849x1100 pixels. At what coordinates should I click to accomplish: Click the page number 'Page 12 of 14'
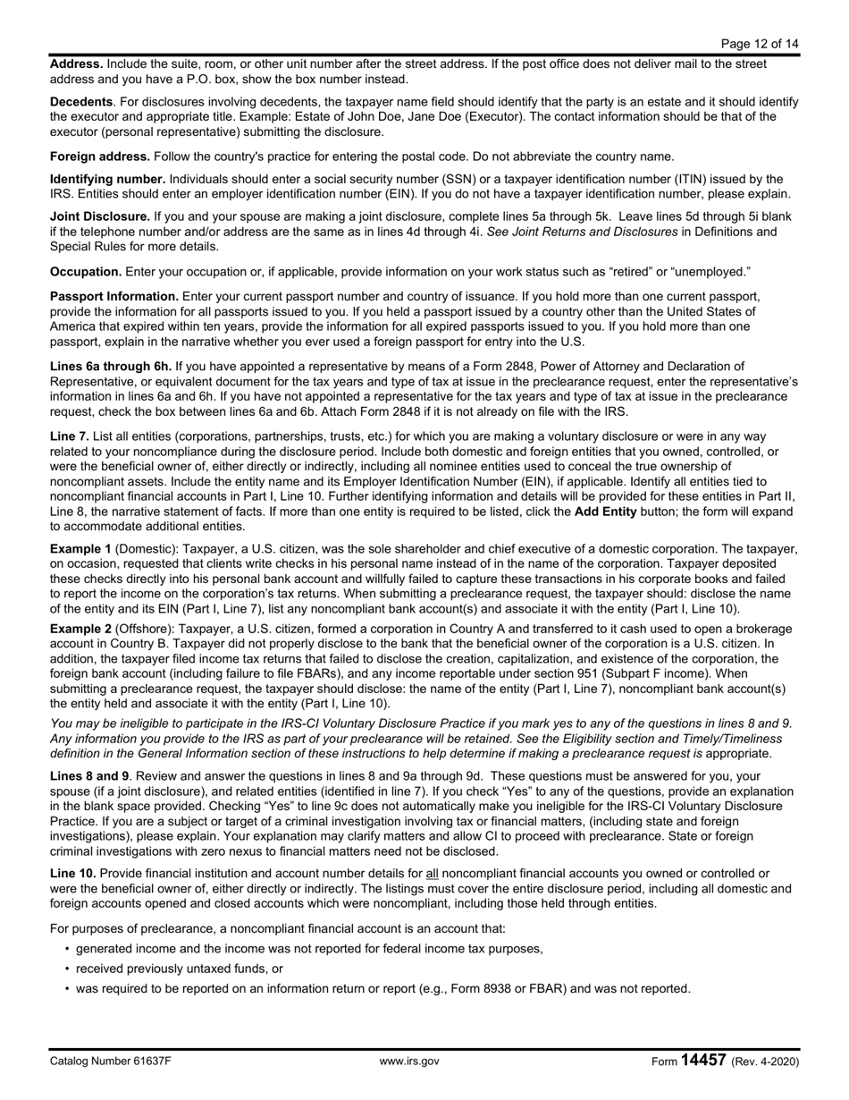(x=759, y=43)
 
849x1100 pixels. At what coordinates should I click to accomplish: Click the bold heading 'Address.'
(x=76, y=64)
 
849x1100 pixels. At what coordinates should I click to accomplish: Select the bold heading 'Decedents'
(x=81, y=102)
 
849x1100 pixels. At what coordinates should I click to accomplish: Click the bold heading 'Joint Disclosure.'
(x=100, y=217)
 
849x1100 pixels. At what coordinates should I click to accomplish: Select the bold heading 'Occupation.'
(x=86, y=271)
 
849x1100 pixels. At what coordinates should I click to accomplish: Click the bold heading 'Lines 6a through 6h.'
(x=111, y=367)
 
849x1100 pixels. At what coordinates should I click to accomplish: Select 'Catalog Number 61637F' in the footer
(x=110, y=1062)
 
